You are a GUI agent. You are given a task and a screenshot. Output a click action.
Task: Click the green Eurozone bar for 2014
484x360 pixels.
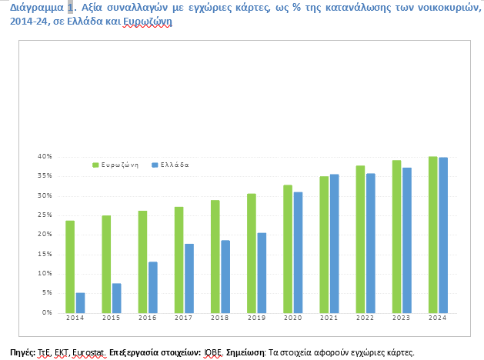(x=70, y=266)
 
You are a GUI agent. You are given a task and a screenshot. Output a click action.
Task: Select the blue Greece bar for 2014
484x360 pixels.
(x=80, y=302)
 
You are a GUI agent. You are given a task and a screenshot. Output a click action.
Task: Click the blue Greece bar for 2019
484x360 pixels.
(x=262, y=272)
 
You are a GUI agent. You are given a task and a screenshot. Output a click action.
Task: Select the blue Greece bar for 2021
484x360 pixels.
(x=334, y=243)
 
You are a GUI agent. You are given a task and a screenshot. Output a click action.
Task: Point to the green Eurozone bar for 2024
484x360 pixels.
(x=433, y=235)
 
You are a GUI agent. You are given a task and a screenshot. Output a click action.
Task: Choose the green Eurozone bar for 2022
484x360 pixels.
(x=360, y=239)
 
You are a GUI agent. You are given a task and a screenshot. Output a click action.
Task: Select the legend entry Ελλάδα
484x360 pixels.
(x=173, y=165)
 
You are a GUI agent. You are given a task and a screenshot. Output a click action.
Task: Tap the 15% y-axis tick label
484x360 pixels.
(x=45, y=254)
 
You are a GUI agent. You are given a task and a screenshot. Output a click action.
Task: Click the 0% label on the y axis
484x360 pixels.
(x=47, y=312)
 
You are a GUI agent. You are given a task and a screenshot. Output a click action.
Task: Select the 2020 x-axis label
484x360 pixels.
(x=293, y=318)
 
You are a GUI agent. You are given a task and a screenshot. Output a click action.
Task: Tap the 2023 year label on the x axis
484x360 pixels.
(x=402, y=318)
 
